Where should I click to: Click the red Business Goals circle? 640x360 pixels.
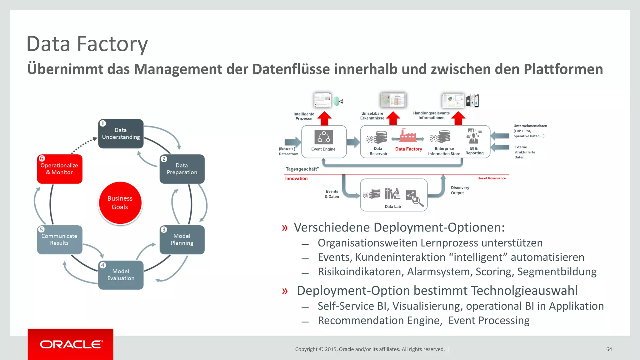(x=120, y=203)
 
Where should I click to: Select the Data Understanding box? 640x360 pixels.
(x=121, y=134)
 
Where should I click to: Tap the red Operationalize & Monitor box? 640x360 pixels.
(x=60, y=169)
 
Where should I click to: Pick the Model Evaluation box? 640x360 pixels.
(x=121, y=275)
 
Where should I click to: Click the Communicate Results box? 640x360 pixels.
(x=60, y=240)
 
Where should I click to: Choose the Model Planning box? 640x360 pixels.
(x=182, y=240)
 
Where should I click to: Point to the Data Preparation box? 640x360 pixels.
(x=182, y=169)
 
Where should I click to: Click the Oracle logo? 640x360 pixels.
(x=71, y=344)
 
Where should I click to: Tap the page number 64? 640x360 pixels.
(x=609, y=349)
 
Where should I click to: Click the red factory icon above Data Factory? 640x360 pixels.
(x=408, y=136)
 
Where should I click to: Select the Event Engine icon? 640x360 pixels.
(x=323, y=137)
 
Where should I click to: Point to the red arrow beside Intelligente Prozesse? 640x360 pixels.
(x=325, y=118)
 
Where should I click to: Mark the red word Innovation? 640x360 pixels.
(x=296, y=178)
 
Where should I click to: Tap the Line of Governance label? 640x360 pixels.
(x=491, y=178)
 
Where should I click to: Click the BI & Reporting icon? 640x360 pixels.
(x=474, y=136)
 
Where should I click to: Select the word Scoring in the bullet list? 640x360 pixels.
(x=494, y=272)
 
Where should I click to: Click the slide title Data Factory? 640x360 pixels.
(x=87, y=44)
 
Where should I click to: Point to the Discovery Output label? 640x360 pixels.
(x=460, y=190)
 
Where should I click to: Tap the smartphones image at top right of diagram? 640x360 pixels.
(x=472, y=101)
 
